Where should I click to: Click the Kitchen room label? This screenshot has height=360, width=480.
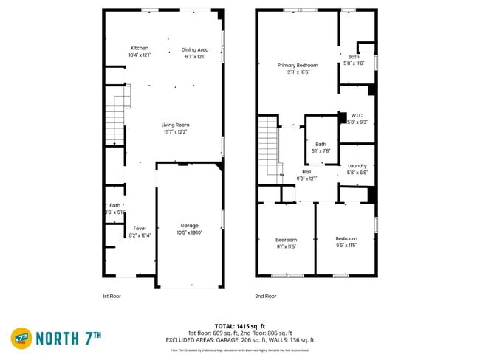coord(139,49)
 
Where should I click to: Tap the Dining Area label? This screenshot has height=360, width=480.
coord(195,49)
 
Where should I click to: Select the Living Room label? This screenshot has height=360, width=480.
coord(176,125)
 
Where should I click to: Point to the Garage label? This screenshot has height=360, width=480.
coord(190,226)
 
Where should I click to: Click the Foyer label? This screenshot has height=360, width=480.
coord(140,229)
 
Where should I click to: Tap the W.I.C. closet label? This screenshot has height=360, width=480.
coord(357,115)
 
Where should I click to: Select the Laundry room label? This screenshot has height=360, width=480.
coord(357,166)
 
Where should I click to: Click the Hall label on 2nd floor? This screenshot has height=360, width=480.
coord(306,171)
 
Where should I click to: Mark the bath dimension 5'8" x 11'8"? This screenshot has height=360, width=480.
coord(354,63)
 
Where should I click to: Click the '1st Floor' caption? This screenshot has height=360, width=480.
coord(112,296)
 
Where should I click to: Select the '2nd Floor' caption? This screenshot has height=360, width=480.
coord(266,296)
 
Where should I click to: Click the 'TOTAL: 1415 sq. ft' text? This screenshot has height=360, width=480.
coord(240,325)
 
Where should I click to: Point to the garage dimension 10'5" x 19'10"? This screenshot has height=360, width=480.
coord(190,232)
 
